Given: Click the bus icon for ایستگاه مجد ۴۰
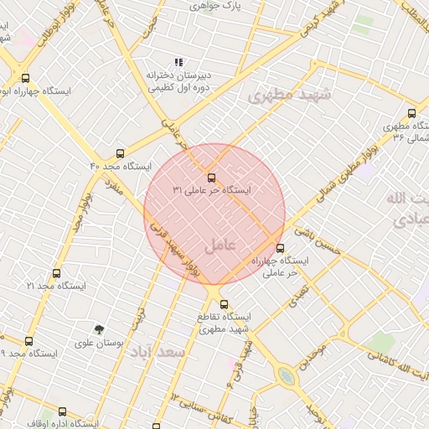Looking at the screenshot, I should tap(121, 154).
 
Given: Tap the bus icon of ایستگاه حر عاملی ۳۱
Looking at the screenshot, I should tap(210, 178).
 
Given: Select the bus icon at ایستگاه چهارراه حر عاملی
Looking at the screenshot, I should tap(280, 248).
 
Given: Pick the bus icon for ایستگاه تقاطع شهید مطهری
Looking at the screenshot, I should tap(224, 304).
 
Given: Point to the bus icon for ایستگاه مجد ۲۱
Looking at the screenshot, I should tap(56, 273).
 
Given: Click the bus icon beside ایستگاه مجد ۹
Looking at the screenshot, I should tap(28, 341).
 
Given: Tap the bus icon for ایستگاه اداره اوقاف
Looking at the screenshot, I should tap(62, 411).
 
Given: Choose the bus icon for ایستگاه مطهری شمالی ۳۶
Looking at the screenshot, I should tap(411, 113).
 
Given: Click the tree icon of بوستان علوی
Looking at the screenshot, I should tap(100, 329).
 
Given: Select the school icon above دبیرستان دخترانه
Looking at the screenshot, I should tap(178, 62).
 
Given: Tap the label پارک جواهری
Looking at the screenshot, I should tap(216, 6).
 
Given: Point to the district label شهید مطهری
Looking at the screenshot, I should tap(289, 95).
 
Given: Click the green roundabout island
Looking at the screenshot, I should tap(287, 376).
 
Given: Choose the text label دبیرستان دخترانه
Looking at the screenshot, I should tap(178, 75).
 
